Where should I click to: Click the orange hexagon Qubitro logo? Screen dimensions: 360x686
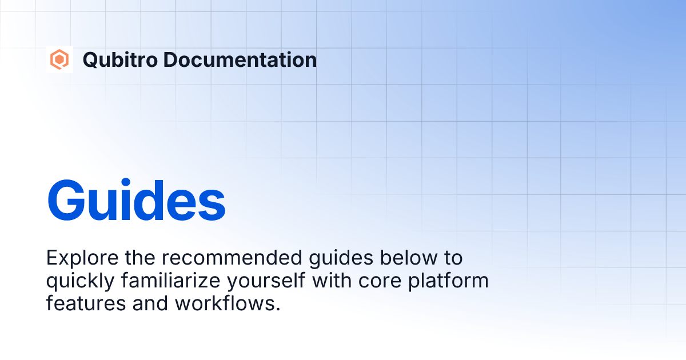tap(59, 59)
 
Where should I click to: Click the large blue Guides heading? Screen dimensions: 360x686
tap(136, 201)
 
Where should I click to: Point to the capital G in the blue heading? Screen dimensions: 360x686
tap(67, 201)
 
